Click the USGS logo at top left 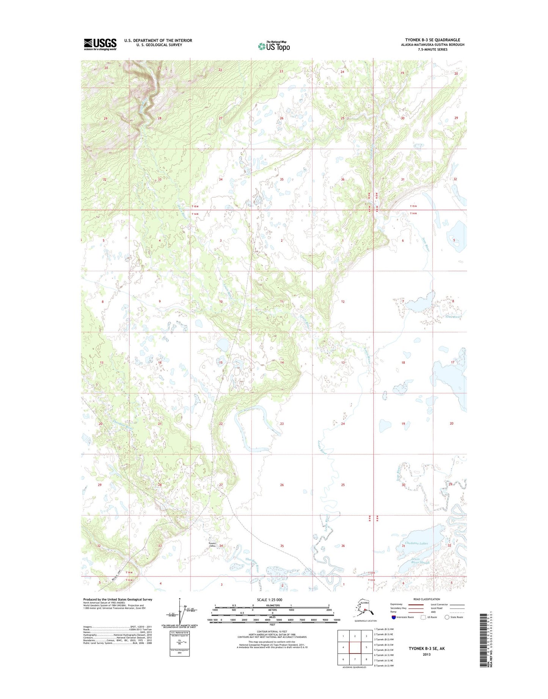pos(100,44)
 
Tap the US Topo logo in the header pos(274,46)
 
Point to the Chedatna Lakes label pos(416,543)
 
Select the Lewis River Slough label pos(420,560)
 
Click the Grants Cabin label pos(212,545)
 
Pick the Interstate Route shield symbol pos(394,617)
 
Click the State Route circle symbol pos(447,617)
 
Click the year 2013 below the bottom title pos(427,654)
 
